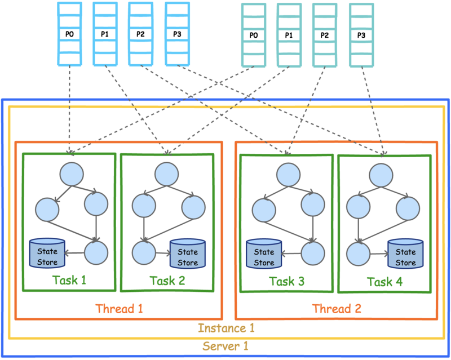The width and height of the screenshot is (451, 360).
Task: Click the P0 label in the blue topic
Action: click(x=69, y=34)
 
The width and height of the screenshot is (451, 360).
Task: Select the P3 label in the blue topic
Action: click(x=177, y=34)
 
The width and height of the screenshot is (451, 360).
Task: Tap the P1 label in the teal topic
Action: click(x=289, y=35)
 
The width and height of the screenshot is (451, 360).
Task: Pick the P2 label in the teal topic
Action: click(x=325, y=35)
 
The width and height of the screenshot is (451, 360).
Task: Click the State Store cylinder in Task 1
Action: click(x=47, y=254)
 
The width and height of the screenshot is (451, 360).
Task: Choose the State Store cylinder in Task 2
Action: click(x=188, y=254)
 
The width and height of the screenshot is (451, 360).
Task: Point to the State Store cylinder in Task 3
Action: click(x=264, y=254)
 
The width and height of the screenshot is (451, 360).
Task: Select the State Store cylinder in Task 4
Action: click(x=405, y=254)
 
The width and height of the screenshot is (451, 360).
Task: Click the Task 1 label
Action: click(x=69, y=280)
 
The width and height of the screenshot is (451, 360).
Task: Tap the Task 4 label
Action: click(x=385, y=282)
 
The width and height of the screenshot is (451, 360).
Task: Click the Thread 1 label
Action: click(x=119, y=309)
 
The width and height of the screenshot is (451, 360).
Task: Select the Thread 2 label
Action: click(x=337, y=309)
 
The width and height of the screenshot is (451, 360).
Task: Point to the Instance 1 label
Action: click(x=226, y=328)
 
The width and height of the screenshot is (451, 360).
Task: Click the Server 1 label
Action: click(x=225, y=346)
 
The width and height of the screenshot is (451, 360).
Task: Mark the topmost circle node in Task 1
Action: click(x=72, y=174)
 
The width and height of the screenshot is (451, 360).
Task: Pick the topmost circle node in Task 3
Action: click(x=289, y=175)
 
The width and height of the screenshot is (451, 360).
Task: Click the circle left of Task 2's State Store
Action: click(x=144, y=253)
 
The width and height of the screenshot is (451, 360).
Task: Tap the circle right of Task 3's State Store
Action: click(x=313, y=254)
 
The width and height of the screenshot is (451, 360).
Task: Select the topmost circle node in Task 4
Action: click(x=381, y=175)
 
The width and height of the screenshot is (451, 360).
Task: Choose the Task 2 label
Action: click(x=167, y=281)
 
